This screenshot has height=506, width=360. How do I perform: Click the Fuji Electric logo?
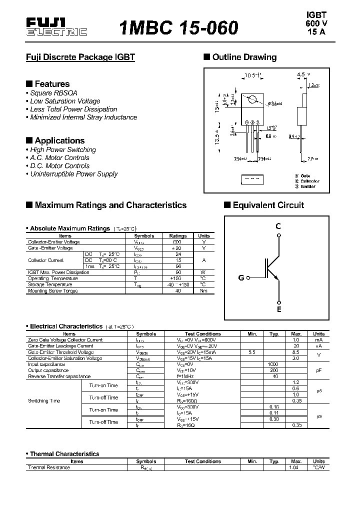coord(56,27)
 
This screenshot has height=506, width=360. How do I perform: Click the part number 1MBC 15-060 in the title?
coord(178,28)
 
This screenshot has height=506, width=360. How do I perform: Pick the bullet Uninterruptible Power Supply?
coord(73,174)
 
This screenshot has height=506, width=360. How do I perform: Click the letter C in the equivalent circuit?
coord(278,226)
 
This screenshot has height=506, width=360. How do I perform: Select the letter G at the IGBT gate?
coord(241,277)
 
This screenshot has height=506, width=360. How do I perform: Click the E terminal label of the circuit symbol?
coord(279,309)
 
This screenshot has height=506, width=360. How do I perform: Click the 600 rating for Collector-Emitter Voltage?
coord(177,242)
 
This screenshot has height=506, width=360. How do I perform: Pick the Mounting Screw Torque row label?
coord(53,290)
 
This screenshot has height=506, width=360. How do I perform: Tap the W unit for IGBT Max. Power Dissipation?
coord(203,272)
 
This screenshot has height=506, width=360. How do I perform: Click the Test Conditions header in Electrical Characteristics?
coord(202,333)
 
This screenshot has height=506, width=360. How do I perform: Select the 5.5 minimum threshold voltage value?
coord(251,352)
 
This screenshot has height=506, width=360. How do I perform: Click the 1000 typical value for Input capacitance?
coord(273,364)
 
